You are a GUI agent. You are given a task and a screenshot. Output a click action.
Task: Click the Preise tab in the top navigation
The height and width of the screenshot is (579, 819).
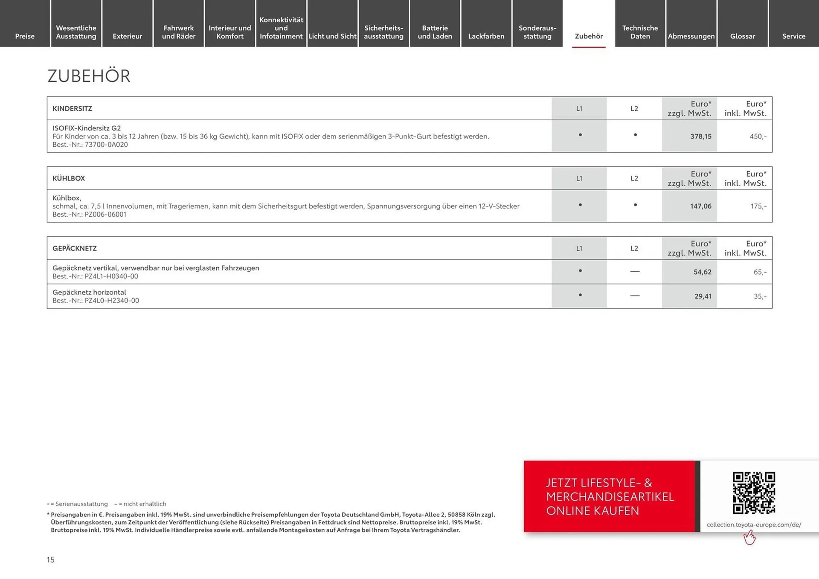coord(25,36)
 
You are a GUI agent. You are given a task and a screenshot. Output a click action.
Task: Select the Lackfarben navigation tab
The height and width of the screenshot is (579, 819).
coord(486,36)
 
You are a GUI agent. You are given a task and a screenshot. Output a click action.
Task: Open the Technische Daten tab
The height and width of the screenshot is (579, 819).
coord(640,32)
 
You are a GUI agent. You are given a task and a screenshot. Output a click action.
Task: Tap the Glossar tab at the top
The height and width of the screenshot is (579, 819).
coord(742,36)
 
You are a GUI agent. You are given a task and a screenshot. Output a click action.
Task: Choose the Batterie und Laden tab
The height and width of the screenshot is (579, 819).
coord(435,32)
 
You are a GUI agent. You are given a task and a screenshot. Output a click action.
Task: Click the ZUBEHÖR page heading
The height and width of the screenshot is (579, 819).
coord(89,76)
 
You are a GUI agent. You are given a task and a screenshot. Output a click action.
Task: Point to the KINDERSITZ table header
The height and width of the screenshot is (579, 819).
coord(72,109)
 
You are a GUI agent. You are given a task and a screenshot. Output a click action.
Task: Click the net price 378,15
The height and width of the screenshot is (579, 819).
coord(700,136)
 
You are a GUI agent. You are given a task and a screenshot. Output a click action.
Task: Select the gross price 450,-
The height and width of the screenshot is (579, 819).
coord(758,136)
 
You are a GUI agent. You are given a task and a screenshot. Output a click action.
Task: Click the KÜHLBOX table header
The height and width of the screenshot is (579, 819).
coord(69,178)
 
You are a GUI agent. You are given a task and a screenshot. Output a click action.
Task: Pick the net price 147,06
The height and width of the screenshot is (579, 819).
coord(700,206)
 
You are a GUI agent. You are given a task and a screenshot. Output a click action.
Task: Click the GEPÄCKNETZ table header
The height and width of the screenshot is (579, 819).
coord(75,248)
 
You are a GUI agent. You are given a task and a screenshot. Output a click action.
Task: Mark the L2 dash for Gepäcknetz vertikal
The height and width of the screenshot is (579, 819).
coord(635,272)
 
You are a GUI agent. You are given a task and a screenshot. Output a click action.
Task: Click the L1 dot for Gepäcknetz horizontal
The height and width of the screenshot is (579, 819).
coord(580,295)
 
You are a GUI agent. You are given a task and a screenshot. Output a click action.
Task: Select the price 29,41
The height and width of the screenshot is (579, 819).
coord(703,296)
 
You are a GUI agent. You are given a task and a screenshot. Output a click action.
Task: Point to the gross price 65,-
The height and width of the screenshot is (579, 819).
coord(760,272)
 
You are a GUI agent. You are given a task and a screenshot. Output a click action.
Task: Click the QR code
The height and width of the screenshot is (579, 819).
coord(754,493)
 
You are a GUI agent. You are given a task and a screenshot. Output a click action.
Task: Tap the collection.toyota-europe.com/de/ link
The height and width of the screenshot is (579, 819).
coord(754,525)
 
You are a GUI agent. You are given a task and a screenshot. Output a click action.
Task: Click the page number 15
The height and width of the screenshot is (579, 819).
coord(51,560)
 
